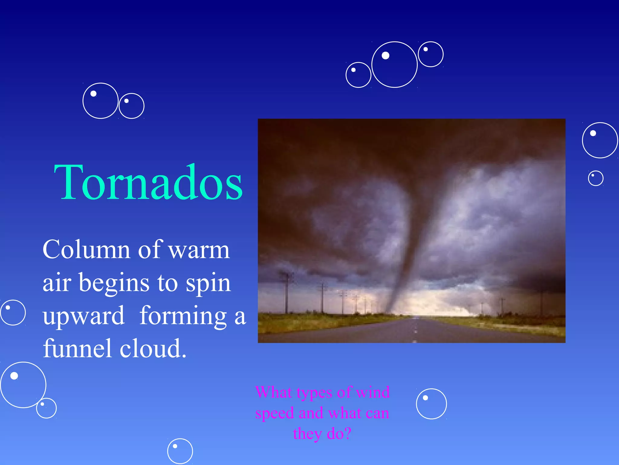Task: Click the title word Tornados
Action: coord(148,183)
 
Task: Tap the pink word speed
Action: coord(274,413)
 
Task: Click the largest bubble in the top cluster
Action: coord(394,64)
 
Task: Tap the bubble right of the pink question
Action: coord(431,404)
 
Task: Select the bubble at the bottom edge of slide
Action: coord(180,451)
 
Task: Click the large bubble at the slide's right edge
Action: coord(600,140)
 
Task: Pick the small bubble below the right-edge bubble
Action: coord(596,178)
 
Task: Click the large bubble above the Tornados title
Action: coord(100,101)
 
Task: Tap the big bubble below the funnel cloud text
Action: coord(23,385)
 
